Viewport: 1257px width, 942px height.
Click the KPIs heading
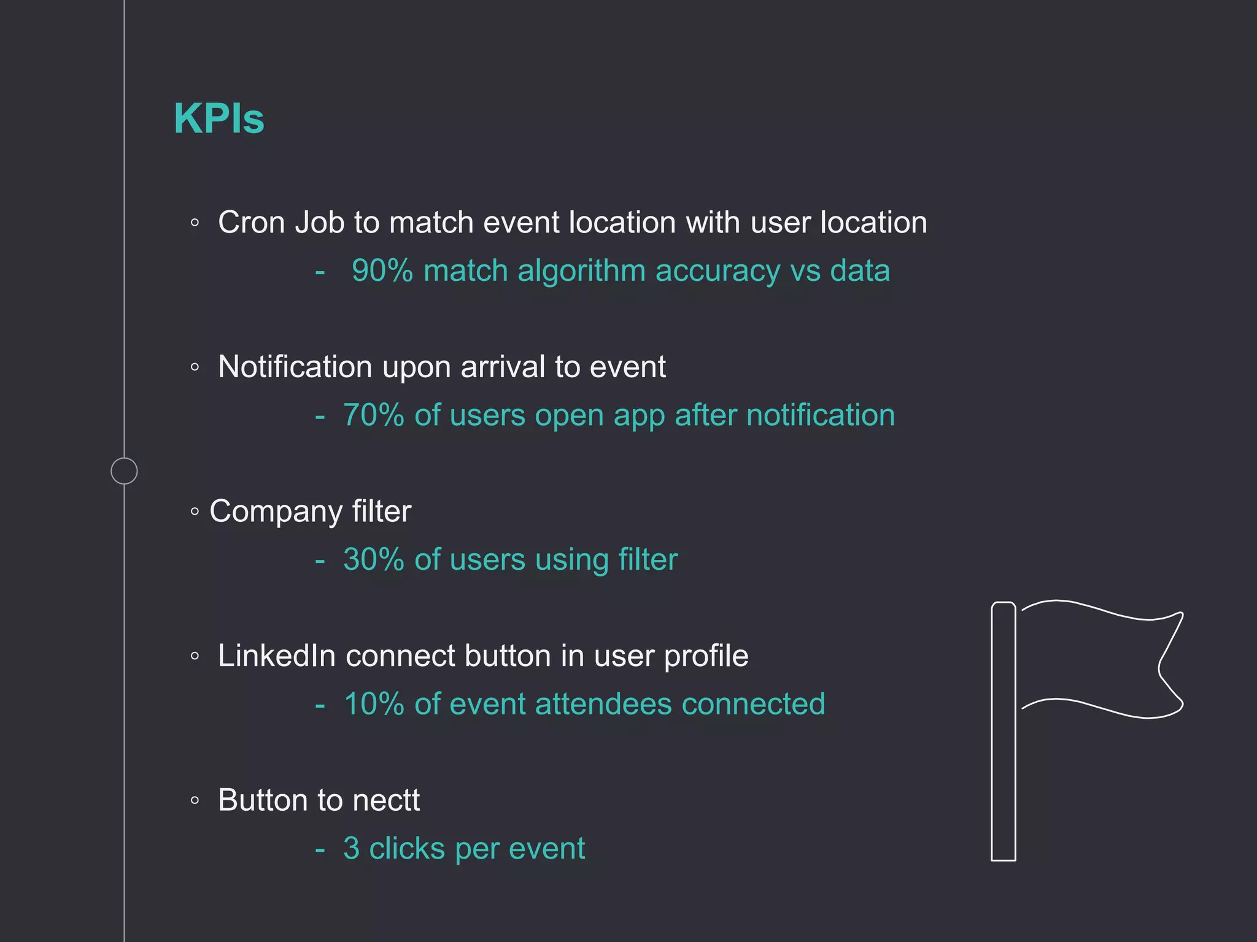[219, 118]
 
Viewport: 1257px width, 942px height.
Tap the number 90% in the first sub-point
[382, 270]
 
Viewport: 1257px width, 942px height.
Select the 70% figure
[373, 415]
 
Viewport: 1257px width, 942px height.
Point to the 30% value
[373, 559]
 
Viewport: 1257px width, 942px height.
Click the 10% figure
[373, 704]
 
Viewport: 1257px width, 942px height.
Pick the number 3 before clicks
[351, 849]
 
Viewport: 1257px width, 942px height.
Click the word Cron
[251, 222]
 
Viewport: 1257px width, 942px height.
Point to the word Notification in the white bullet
[295, 367]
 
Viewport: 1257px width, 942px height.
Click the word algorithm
[581, 270]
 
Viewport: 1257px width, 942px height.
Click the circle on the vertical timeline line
[124, 471]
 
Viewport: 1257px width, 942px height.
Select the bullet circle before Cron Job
[195, 223]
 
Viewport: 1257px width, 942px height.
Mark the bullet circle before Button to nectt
[195, 800]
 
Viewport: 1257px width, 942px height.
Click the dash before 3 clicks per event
[320, 850]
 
